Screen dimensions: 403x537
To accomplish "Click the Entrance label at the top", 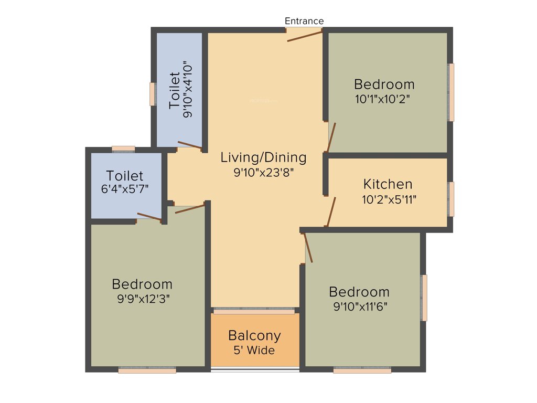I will click(304, 21).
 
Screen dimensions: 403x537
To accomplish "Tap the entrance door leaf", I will click(304, 36).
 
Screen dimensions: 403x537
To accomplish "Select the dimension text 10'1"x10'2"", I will click(382, 99).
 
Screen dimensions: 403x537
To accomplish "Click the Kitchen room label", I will click(388, 184).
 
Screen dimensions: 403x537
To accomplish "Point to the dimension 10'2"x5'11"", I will click(389, 199).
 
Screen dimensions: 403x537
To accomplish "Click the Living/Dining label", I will click(263, 157).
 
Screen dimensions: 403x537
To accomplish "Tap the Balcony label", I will click(254, 335).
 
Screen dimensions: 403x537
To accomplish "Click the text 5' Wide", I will click(254, 351).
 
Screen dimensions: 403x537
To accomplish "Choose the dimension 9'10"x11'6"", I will click(360, 306).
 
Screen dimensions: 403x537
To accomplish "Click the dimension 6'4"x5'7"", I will click(125, 189).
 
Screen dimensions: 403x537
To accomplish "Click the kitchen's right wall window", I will click(451, 199).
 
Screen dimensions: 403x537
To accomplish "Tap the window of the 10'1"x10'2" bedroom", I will click(451, 92).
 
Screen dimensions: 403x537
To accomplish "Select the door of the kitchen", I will click(331, 211).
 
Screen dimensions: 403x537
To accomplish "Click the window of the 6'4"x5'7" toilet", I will click(123, 149).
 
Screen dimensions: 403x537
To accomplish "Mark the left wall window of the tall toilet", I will click(153, 94).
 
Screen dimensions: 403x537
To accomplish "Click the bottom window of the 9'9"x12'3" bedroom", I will click(147, 370).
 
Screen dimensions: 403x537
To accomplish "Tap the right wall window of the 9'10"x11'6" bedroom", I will click(424, 298).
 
